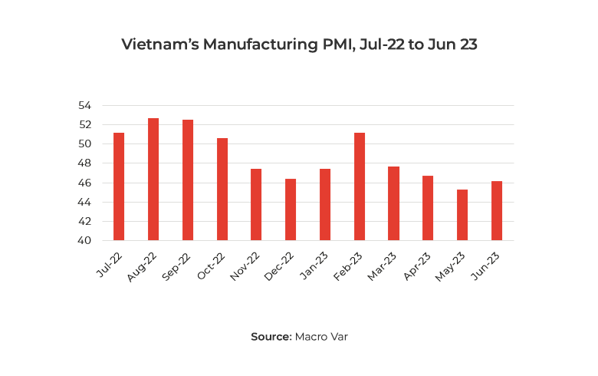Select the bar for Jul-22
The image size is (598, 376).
pos(119,186)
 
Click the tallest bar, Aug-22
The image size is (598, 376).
pos(153,180)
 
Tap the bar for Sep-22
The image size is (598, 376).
pos(188,180)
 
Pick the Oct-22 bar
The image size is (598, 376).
pos(222,190)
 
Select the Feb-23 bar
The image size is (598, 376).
pos(360,186)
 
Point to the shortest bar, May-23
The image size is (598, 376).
pos(462,215)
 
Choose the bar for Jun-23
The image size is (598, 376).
pos(497,211)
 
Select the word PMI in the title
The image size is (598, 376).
pos(337,45)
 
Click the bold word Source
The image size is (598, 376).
pos(271,336)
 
